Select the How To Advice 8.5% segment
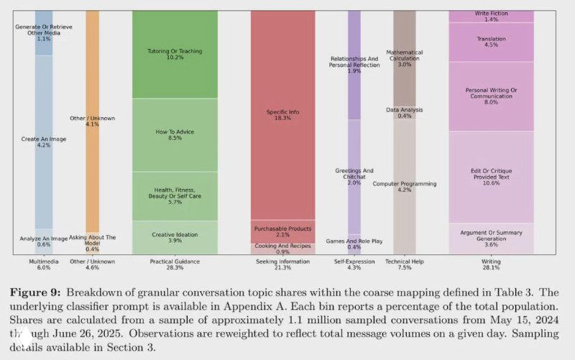[x=175, y=135]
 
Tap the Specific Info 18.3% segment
[x=282, y=115]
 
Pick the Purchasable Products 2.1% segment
[x=282, y=231]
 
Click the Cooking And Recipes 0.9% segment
[x=282, y=249]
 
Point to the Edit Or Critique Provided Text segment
[x=491, y=176]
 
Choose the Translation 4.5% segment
[x=491, y=42]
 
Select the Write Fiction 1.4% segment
[x=491, y=17]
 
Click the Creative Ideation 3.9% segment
[x=175, y=237]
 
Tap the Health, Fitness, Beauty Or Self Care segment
[x=175, y=195]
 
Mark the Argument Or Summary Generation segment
[x=491, y=238]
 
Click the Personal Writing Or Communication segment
[x=491, y=96]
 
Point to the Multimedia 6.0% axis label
[x=44, y=264]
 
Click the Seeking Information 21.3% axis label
[x=282, y=264]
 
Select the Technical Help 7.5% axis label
[x=404, y=264]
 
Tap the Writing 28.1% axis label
[x=491, y=264]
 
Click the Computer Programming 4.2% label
[x=404, y=187]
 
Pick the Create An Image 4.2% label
[x=44, y=142]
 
